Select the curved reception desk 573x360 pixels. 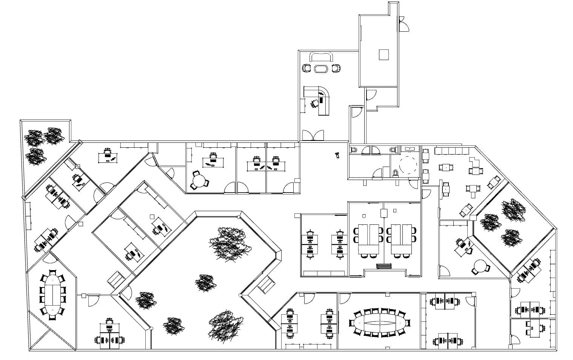click(322, 99)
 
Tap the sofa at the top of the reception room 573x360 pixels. click(321, 57)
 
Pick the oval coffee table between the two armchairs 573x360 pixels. click(321, 69)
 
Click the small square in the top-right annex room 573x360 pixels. click(384, 55)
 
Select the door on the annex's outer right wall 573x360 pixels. click(403, 26)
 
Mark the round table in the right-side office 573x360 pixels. click(481, 266)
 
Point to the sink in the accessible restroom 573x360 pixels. click(409, 149)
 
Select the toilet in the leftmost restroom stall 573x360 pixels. click(353, 150)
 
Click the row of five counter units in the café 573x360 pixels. click(451, 151)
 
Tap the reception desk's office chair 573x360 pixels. click(314, 103)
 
